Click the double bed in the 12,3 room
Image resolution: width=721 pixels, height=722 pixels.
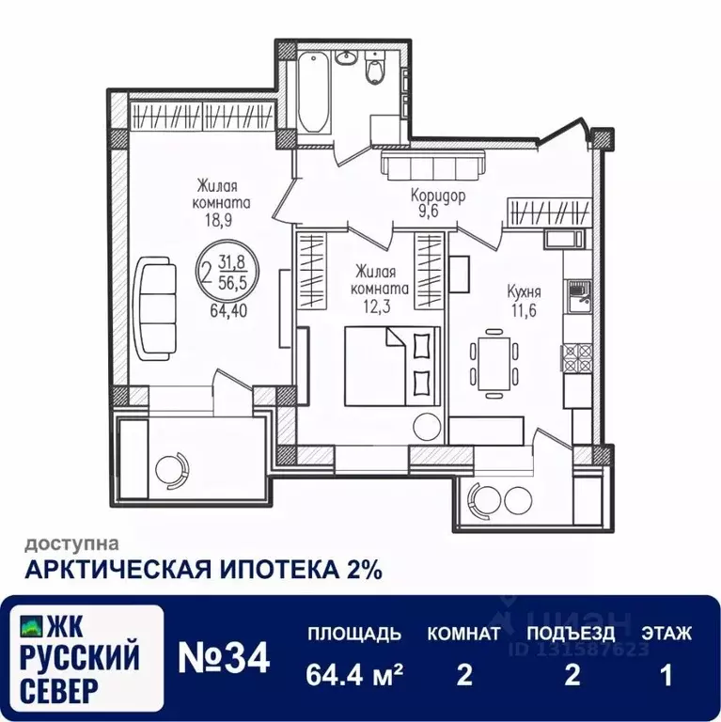coord(391,365)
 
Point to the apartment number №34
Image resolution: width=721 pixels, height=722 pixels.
coord(224,657)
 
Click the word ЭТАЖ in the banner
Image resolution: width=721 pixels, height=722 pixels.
coord(666,634)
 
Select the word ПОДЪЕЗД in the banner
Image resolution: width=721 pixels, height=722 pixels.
coord(571,634)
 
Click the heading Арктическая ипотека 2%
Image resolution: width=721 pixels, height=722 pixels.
coord(202,569)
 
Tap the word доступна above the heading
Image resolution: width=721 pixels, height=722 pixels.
coord(71,542)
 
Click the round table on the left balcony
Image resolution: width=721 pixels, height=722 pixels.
coord(171,467)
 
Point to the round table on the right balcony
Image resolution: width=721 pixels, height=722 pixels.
coord(490,497)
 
